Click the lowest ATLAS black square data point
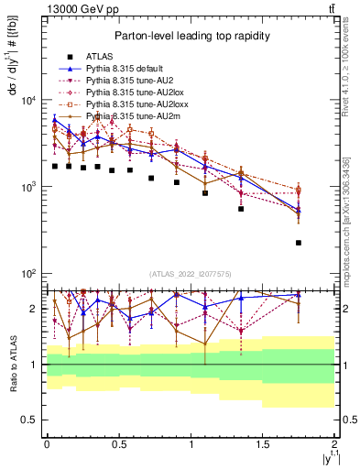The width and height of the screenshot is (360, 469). click(x=299, y=243)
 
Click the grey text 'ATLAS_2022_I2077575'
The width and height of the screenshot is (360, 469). click(x=191, y=273)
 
